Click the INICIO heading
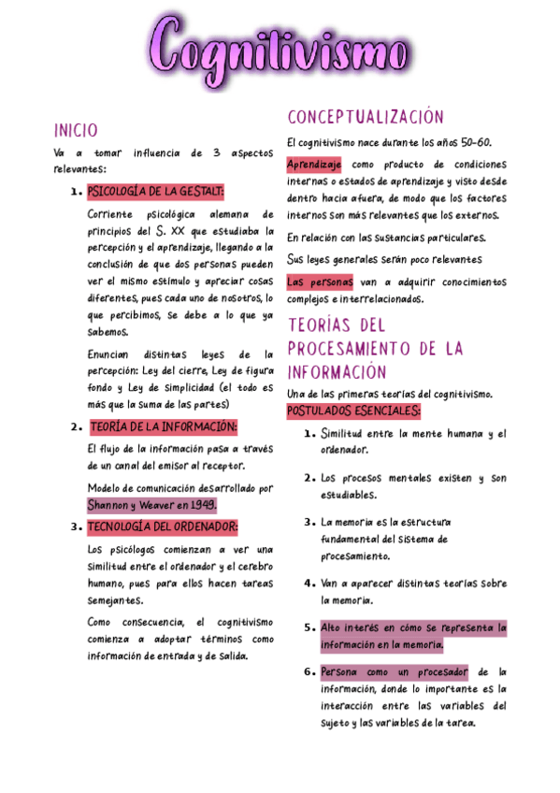click(x=76, y=130)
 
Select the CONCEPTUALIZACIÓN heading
click(x=366, y=118)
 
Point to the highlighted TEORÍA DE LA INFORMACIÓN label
click(x=164, y=427)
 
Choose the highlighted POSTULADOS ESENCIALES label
click(x=353, y=411)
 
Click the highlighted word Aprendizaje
click(x=314, y=164)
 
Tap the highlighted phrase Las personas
click(x=320, y=281)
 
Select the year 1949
click(x=201, y=505)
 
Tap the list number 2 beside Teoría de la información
click(x=74, y=428)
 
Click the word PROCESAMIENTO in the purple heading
click(x=350, y=349)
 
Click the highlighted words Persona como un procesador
click(x=395, y=671)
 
